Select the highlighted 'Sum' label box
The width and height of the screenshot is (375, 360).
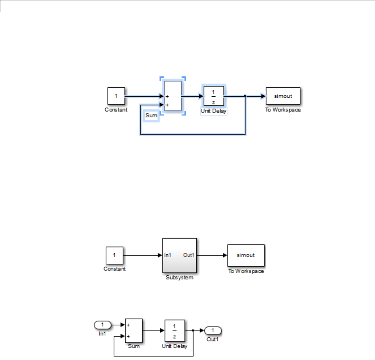coord(151,116)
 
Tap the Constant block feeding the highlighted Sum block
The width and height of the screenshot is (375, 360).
coord(116,96)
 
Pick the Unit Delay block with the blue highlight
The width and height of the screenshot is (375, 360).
coord(214,96)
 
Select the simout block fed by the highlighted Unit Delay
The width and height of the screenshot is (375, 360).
coord(283,96)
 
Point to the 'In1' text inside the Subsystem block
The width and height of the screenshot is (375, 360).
coord(168,255)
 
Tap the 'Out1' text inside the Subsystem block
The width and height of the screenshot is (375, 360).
coord(189,255)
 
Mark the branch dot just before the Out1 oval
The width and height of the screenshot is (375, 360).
coord(193,331)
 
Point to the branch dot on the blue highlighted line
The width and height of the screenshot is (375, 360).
coord(245,96)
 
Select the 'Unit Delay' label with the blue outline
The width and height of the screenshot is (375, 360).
coord(214,111)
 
